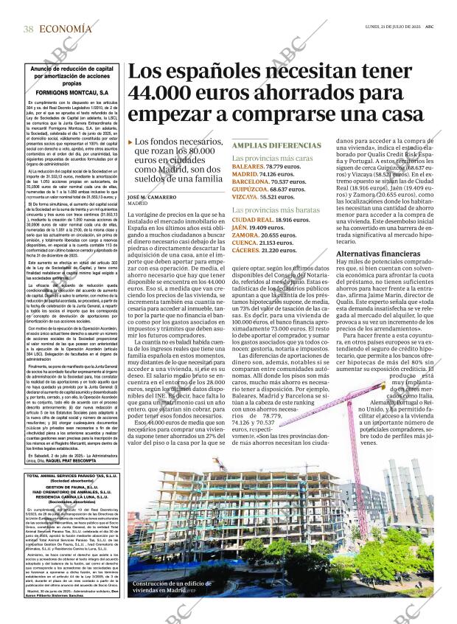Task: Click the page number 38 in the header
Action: (x=28, y=29)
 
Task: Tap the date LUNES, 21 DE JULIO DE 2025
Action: (x=388, y=27)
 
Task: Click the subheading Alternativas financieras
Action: (x=377, y=253)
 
